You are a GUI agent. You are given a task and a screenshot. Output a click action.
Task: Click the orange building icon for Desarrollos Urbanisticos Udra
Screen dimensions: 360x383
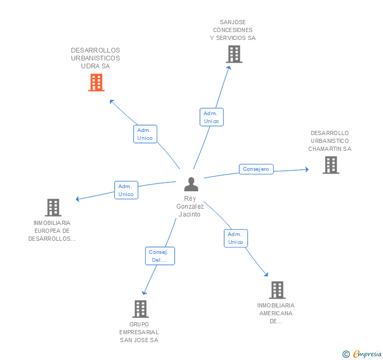pyautogui.click(x=96, y=83)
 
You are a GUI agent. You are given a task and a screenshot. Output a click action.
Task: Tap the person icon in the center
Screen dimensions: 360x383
pyautogui.click(x=191, y=184)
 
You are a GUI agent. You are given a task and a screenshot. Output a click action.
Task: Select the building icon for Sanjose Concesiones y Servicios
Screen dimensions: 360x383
pyautogui.click(x=234, y=54)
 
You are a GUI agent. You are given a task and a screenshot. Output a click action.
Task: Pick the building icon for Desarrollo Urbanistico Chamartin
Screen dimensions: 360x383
pyautogui.click(x=330, y=165)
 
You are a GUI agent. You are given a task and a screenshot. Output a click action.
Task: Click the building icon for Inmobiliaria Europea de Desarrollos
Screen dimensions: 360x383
pyautogui.click(x=53, y=208)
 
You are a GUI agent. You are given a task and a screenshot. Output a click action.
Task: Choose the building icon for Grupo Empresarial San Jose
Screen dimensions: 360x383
pyautogui.click(x=140, y=309)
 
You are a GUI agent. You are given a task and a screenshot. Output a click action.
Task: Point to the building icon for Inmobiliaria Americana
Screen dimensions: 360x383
pyautogui.click(x=277, y=290)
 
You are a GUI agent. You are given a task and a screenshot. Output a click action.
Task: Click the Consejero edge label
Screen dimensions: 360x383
pyautogui.click(x=256, y=169)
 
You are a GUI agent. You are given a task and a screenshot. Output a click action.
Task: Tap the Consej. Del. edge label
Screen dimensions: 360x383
pyautogui.click(x=159, y=256)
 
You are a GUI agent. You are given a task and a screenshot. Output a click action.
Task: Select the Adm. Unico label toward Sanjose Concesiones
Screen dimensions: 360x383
pyautogui.click(x=211, y=117)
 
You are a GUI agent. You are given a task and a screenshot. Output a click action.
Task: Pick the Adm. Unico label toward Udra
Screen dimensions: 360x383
pyautogui.click(x=145, y=134)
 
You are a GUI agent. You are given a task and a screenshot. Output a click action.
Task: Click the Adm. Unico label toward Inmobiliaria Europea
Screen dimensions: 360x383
pyautogui.click(x=126, y=190)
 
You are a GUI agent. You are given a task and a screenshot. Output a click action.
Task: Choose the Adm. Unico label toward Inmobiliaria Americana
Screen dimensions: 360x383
pyautogui.click(x=236, y=238)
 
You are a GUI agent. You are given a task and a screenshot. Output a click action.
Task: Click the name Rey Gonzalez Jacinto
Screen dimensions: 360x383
pyautogui.click(x=190, y=207)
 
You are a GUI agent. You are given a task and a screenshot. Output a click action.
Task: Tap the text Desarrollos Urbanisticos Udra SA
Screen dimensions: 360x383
pyautogui.click(x=95, y=58)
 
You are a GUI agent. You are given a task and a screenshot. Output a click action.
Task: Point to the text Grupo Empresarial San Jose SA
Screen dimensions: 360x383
pyautogui.click(x=139, y=332)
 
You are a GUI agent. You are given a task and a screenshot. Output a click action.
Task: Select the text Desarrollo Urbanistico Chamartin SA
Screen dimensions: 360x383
pyautogui.click(x=330, y=141)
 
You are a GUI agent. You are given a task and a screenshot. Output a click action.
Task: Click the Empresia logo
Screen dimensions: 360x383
pyautogui.click(x=367, y=354)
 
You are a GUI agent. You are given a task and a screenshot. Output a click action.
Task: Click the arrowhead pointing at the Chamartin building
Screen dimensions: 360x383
pyautogui.click(x=306, y=169)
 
